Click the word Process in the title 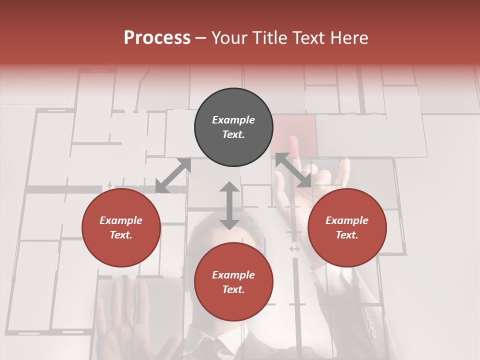pyautogui.click(x=157, y=38)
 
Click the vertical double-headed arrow pyautogui.click(x=229, y=206)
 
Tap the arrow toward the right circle pyautogui.click(x=293, y=170)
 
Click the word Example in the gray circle pyautogui.click(x=233, y=120)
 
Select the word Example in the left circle pyautogui.click(x=121, y=220)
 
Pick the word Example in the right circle pyautogui.click(x=347, y=220)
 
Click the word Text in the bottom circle pyautogui.click(x=233, y=289)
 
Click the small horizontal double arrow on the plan pyautogui.click(x=294, y=248)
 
